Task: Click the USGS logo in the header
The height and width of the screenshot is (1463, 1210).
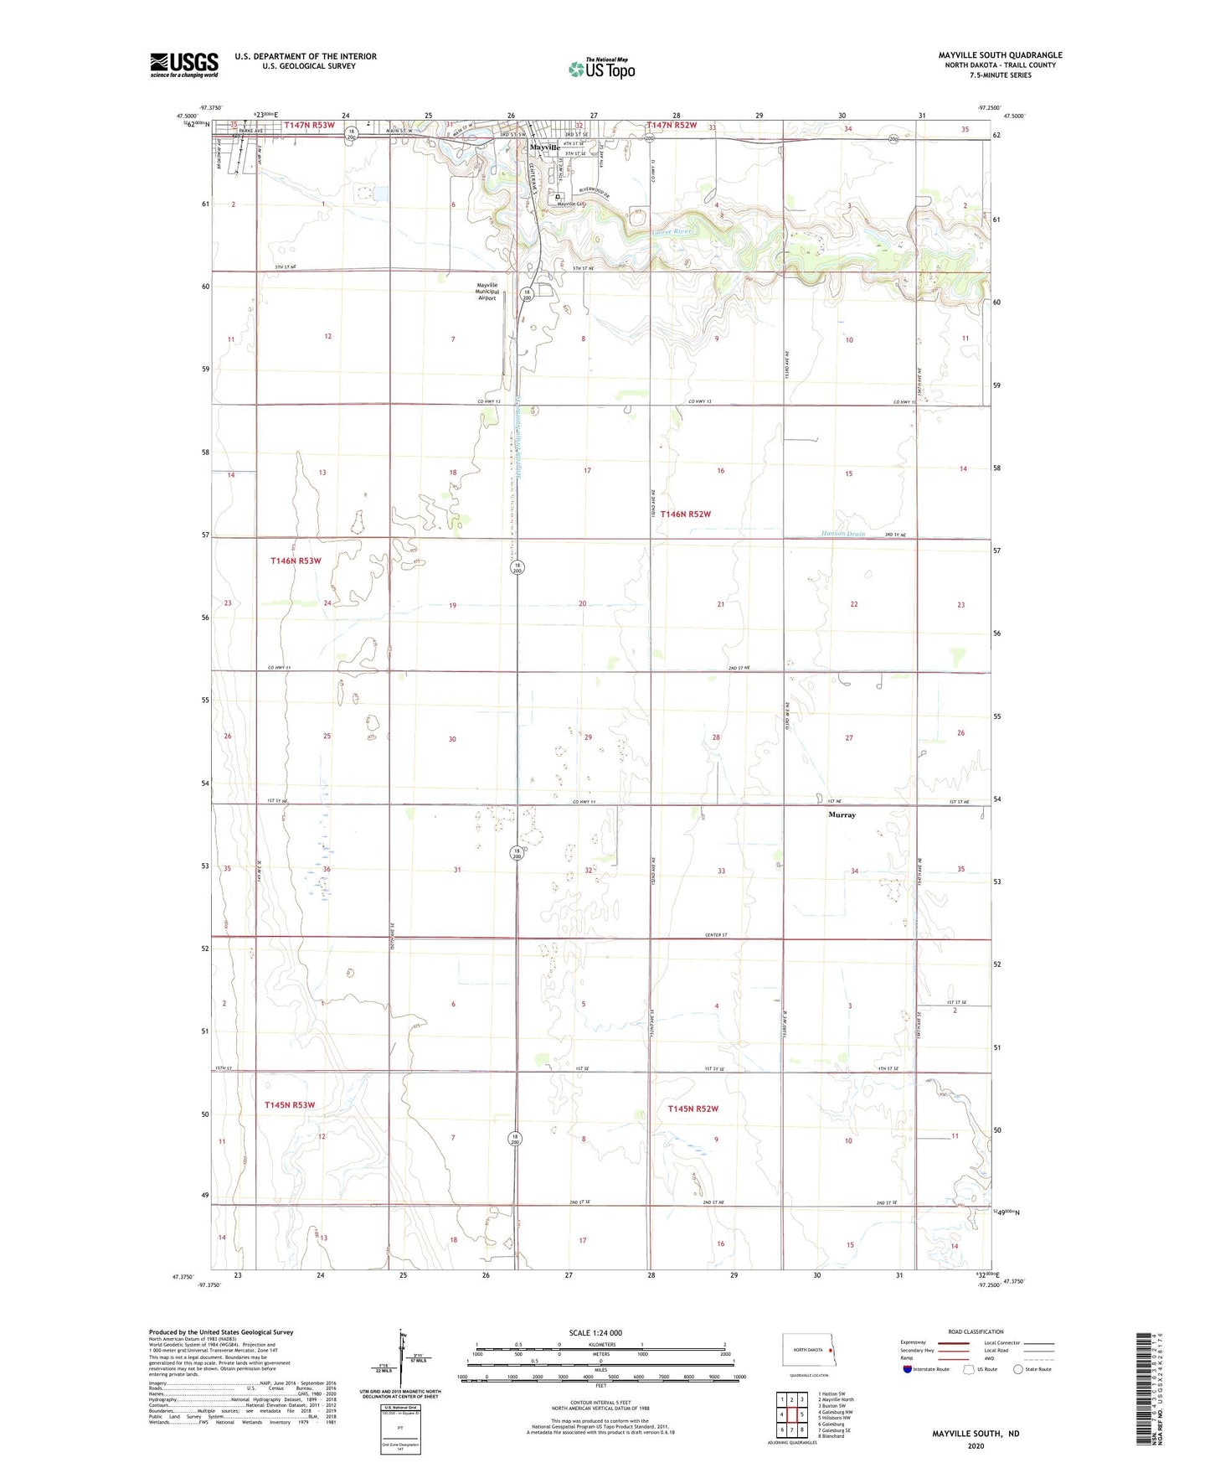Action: point(183,65)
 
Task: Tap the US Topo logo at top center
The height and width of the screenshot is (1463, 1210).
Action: point(601,69)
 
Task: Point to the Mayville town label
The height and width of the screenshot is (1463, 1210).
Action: point(544,147)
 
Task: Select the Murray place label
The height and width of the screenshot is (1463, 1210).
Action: point(842,814)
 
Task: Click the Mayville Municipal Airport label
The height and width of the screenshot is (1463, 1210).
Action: point(487,292)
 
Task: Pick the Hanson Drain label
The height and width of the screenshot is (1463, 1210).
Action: point(842,534)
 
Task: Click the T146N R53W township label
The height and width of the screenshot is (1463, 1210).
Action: point(296,561)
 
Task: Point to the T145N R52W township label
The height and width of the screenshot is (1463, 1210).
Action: point(693,1109)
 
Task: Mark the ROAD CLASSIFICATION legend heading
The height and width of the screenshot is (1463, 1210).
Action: point(976,1331)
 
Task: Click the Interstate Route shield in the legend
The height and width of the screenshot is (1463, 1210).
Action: point(908,1369)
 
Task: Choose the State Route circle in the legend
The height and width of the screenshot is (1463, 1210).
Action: point(1017,1369)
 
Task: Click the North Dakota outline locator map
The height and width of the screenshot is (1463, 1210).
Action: point(806,1348)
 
